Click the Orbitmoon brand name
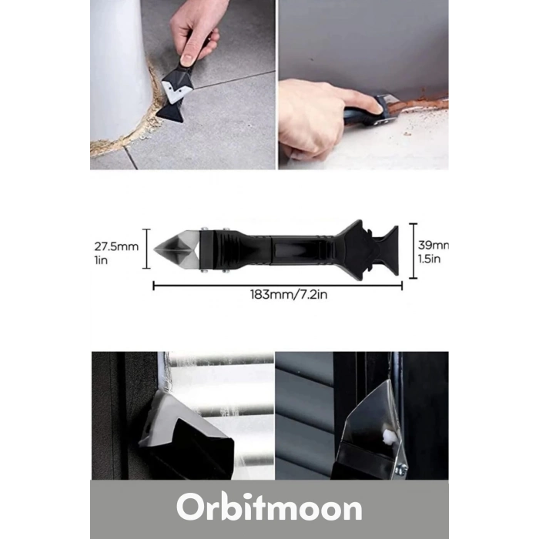(x=269, y=508)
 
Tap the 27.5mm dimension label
(x=116, y=246)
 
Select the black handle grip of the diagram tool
(x=277, y=248)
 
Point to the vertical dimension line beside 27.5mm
(x=146, y=247)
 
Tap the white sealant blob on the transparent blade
(x=387, y=439)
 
